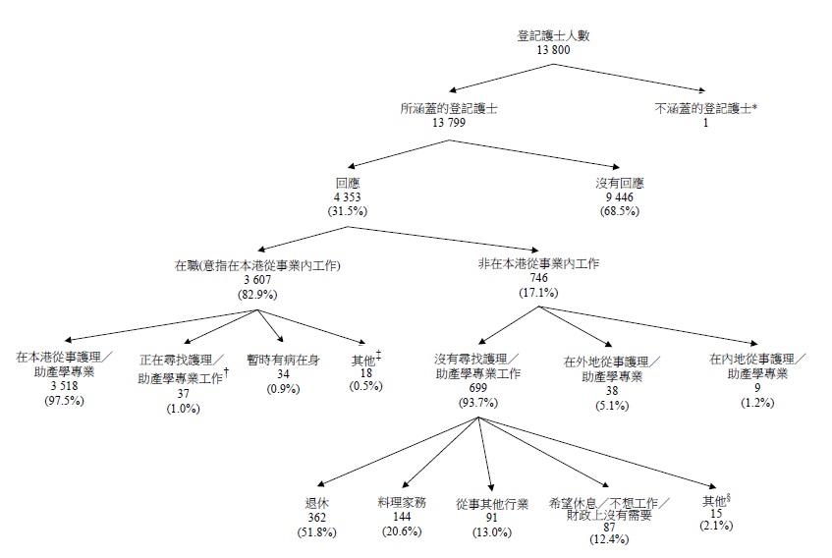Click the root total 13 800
click(x=554, y=48)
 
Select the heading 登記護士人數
click(x=554, y=34)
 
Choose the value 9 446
click(x=620, y=196)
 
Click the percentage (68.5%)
click(x=620, y=210)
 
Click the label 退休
click(x=316, y=501)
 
